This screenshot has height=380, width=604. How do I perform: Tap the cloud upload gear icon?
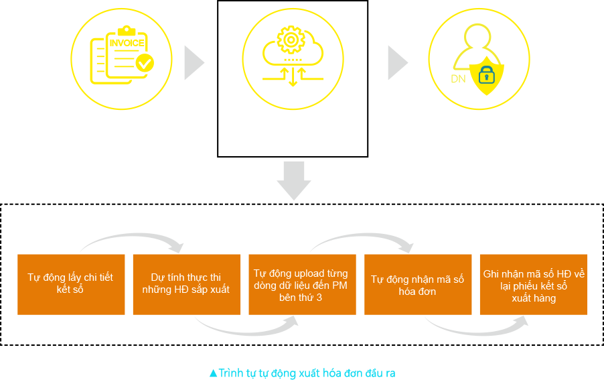293,57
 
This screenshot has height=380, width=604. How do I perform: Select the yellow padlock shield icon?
487,76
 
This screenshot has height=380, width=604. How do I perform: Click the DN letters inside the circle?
458,79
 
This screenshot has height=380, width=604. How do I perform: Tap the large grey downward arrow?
294,181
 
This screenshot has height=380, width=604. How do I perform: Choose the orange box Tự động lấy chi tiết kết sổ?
71,284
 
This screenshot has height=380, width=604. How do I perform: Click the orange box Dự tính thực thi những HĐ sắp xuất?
186,284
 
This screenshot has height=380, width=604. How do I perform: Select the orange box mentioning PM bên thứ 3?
302,284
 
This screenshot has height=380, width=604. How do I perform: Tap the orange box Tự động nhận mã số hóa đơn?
418,284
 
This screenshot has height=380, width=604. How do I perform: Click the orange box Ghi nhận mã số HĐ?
534,284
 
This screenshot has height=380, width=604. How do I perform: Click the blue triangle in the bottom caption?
214,373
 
